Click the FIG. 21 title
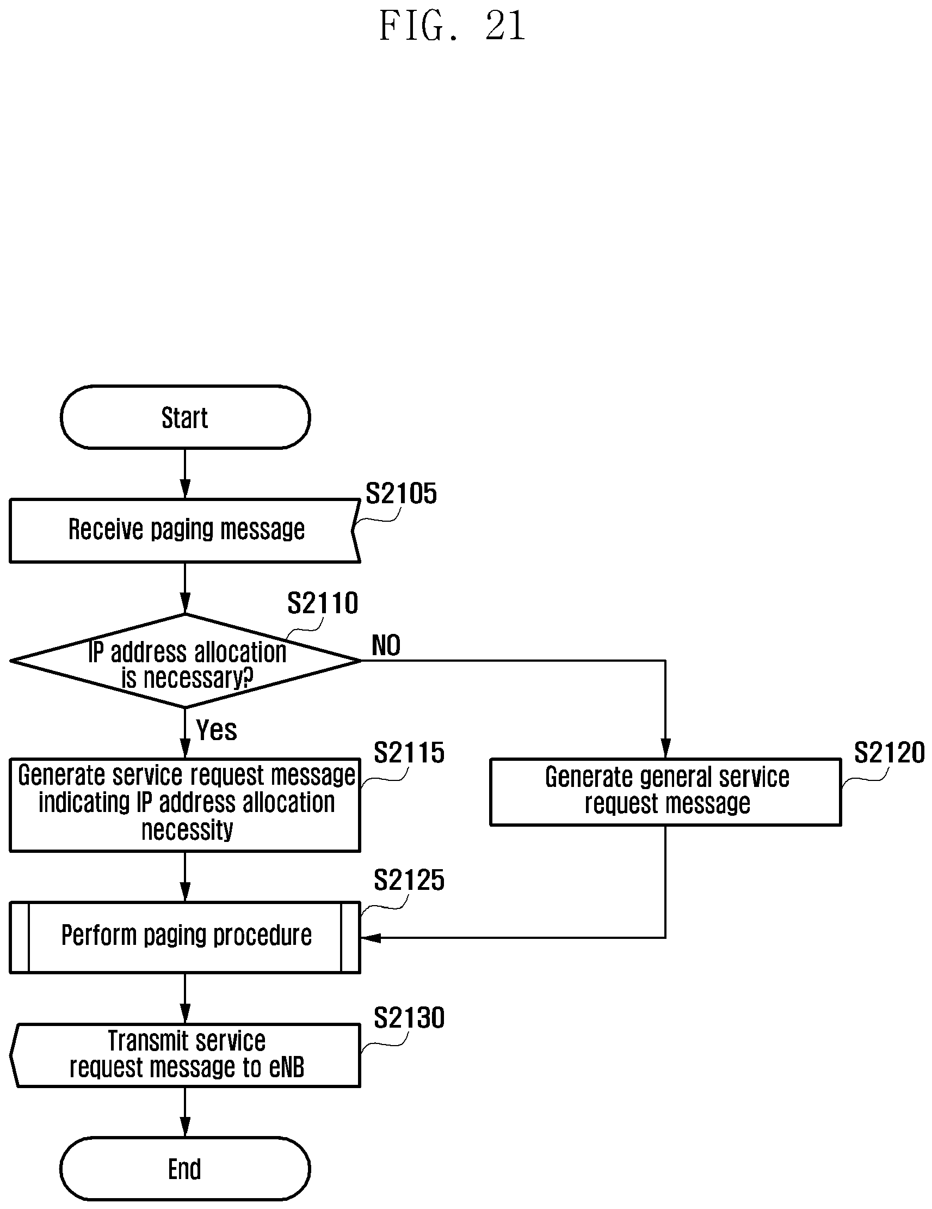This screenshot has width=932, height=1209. click(452, 26)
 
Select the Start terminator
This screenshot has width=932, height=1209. click(185, 417)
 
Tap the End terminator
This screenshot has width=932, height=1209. click(185, 1169)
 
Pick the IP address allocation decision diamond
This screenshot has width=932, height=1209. click(186, 661)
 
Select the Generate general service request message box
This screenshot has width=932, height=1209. click(665, 792)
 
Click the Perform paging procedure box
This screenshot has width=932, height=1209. click(185, 937)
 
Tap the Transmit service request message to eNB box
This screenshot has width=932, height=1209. click(185, 1055)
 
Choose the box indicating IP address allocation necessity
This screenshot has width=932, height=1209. click(185, 804)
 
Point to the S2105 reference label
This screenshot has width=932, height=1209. click(401, 493)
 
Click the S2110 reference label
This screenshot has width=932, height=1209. click(323, 603)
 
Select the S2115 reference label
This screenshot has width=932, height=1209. click(409, 753)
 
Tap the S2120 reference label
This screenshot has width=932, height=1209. click(889, 753)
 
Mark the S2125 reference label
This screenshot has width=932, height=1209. click(409, 880)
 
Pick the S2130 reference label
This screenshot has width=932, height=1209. click(409, 1017)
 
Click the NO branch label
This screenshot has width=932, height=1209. click(386, 645)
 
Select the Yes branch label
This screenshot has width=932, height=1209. click(216, 730)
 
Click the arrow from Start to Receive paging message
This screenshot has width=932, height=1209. click(186, 474)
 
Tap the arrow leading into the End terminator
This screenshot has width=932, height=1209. click(186, 1112)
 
